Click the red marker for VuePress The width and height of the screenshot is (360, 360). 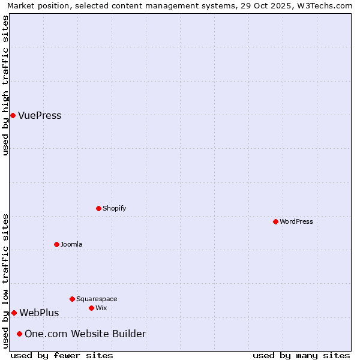pyautogui.click(x=13, y=115)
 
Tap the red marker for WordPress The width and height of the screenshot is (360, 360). pyautogui.click(x=275, y=221)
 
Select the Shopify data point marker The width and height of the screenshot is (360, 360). pyautogui.click(x=98, y=208)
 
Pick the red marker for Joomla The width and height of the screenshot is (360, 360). pyautogui.click(x=56, y=244)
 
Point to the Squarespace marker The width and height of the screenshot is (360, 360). pyautogui.click(x=72, y=299)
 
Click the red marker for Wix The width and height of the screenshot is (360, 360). pyautogui.click(x=91, y=308)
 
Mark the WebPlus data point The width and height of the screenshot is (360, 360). pyautogui.click(x=14, y=313)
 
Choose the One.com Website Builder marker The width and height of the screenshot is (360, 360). pyautogui.click(x=19, y=334)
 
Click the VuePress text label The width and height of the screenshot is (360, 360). pyautogui.click(x=40, y=116)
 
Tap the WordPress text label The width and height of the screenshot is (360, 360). pyautogui.click(x=296, y=221)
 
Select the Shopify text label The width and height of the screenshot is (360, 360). pyautogui.click(x=114, y=208)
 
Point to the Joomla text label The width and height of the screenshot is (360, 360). pyautogui.click(x=71, y=244)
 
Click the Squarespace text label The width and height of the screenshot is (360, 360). pyautogui.click(x=97, y=299)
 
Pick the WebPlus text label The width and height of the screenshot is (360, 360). pyautogui.click(x=39, y=313)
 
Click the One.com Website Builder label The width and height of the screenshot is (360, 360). pyautogui.click(x=85, y=334)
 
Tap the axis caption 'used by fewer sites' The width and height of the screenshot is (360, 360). pyautogui.click(x=62, y=355)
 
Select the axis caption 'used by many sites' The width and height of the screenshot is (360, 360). pyautogui.click(x=301, y=355)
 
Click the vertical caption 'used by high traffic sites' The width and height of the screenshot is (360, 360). pyautogui.click(x=5, y=85)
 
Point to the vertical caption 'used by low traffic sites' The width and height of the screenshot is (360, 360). pyautogui.click(x=5, y=281)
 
